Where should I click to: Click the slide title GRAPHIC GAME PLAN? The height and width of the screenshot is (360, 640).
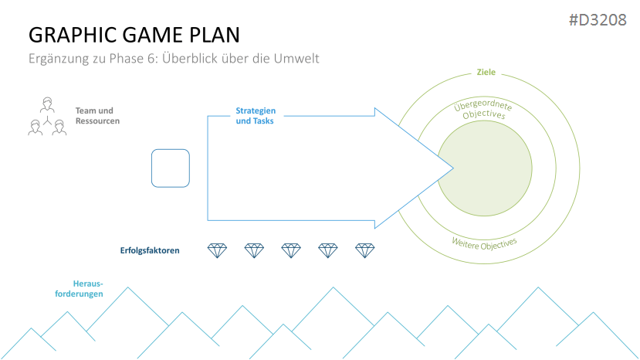pos(134,35)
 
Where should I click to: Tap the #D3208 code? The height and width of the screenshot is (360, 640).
pos(598,19)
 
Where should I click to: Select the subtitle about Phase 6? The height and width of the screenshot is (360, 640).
pos(174,58)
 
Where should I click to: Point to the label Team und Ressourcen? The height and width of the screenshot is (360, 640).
pos(97,116)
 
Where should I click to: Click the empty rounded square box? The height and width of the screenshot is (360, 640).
pos(171,168)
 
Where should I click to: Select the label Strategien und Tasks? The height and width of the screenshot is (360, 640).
pos(256,116)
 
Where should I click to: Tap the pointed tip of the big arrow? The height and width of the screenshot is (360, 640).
pos(451,168)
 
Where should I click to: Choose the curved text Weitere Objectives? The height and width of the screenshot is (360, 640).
pos(484,243)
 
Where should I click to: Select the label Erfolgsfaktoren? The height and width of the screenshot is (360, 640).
pos(150,250)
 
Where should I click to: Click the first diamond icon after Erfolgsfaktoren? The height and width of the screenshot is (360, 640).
pos(218,250)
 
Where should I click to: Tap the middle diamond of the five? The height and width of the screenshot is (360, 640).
pos(291,250)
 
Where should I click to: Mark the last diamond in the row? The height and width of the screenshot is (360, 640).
pos(364,250)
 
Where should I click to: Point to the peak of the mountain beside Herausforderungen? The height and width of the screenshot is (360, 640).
pos(128,288)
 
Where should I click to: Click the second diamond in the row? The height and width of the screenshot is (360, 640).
pos(254,250)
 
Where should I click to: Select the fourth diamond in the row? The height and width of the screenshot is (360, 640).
pos(328,250)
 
